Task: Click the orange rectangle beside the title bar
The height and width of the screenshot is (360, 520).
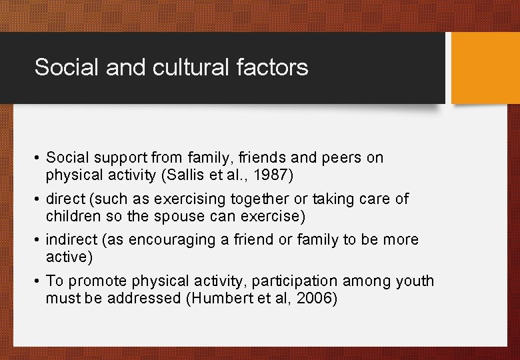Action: coord(485,68)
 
